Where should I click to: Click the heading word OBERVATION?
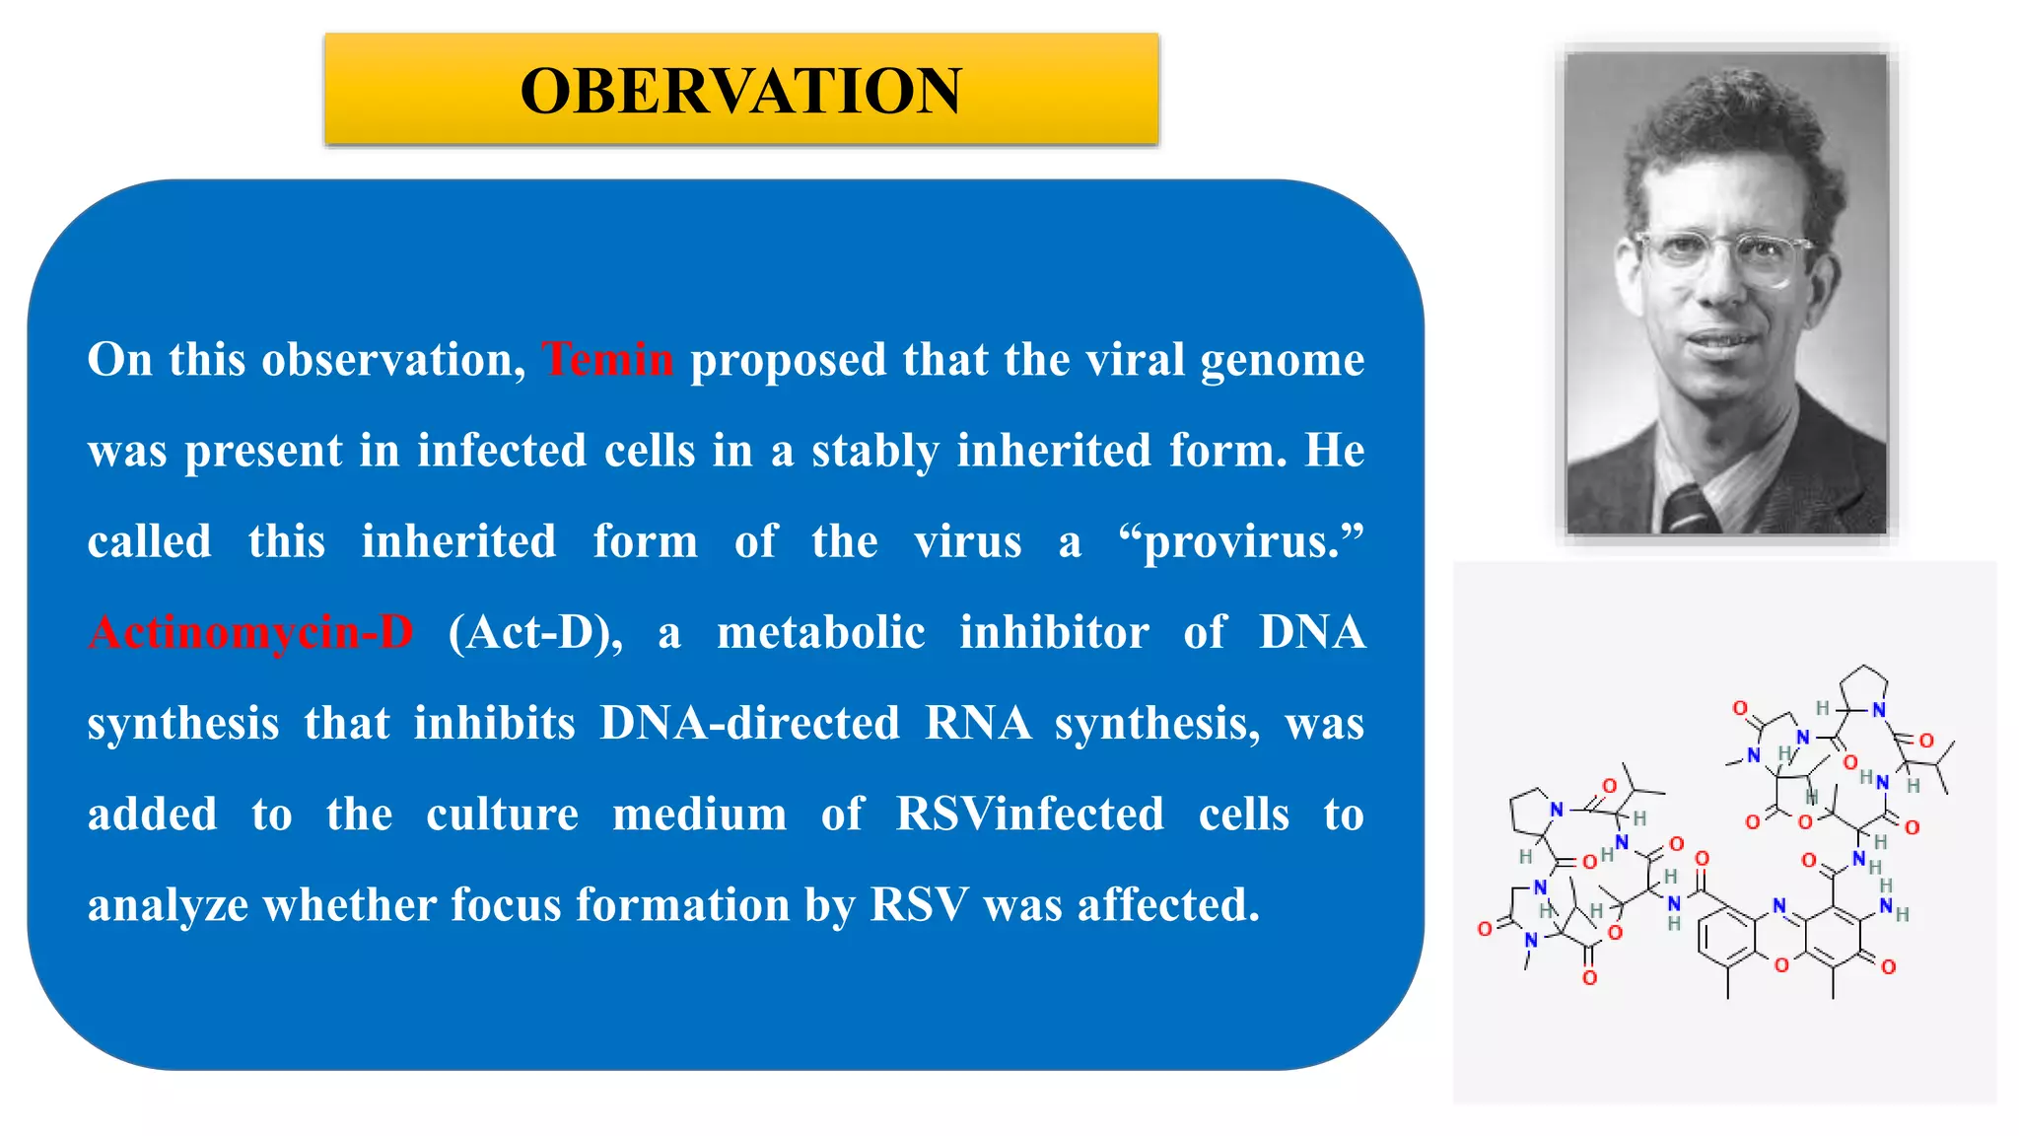tap(740, 91)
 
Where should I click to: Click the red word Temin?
tap(607, 359)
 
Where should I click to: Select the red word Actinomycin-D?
tap(251, 632)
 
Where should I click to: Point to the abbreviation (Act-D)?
tap(535, 632)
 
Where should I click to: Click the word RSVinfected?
tap(1029, 815)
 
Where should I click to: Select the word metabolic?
tap(820, 632)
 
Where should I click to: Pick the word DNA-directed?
tap(749, 723)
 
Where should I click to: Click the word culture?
tap(502, 815)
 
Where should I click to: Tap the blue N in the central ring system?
tap(1778, 905)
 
